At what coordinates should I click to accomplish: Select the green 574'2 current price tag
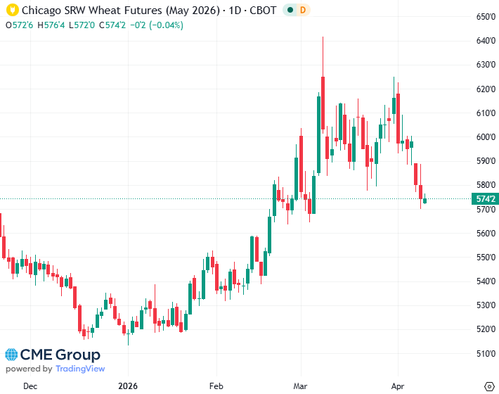[485, 199]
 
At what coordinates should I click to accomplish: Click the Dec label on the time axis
[30, 386]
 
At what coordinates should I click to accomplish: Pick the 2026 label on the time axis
[127, 386]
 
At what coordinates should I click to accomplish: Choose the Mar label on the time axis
[301, 386]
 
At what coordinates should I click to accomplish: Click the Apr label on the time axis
[397, 386]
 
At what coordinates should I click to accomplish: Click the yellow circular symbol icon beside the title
[12, 11]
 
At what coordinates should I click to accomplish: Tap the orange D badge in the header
[302, 11]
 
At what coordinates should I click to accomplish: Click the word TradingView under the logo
[80, 369]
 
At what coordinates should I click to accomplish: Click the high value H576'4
[51, 25]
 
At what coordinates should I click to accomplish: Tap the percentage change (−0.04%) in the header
[163, 25]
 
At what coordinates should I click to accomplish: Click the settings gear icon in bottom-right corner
[489, 386]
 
